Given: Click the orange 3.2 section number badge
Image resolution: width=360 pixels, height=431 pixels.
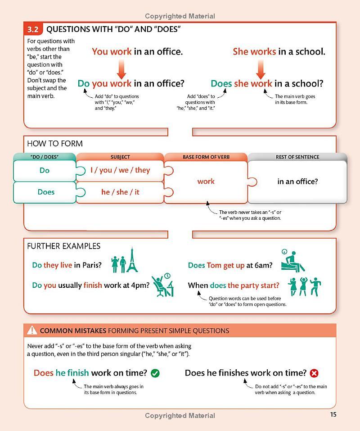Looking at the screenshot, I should click(33, 30).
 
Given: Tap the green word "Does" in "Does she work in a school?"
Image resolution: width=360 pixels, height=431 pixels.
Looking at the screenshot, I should click(220, 83).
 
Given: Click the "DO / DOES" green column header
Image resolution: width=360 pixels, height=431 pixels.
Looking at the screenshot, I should click(45, 157).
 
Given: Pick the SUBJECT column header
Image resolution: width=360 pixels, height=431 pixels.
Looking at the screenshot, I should click(120, 157).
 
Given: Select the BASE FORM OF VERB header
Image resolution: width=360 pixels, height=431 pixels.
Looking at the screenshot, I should click(206, 157).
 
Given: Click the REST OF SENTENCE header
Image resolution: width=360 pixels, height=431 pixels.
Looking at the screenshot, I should click(297, 157).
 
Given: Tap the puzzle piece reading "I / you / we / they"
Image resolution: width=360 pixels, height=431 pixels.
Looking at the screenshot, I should click(120, 170).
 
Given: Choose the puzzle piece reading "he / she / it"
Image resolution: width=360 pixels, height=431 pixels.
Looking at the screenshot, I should click(120, 192).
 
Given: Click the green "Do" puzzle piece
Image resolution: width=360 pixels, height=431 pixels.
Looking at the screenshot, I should click(45, 171).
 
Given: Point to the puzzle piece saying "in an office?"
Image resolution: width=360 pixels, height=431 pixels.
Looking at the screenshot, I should click(297, 182).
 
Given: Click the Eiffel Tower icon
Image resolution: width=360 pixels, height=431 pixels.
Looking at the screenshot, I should click(132, 260).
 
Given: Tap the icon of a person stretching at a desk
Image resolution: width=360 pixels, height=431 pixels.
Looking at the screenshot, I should click(162, 286).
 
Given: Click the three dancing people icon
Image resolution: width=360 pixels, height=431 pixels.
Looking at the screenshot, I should click(304, 286).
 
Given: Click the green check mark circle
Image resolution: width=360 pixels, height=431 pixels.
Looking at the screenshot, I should click(155, 373).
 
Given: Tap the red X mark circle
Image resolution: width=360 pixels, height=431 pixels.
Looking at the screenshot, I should click(314, 373).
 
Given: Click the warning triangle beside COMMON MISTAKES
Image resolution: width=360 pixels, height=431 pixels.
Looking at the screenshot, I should click(32, 331).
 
